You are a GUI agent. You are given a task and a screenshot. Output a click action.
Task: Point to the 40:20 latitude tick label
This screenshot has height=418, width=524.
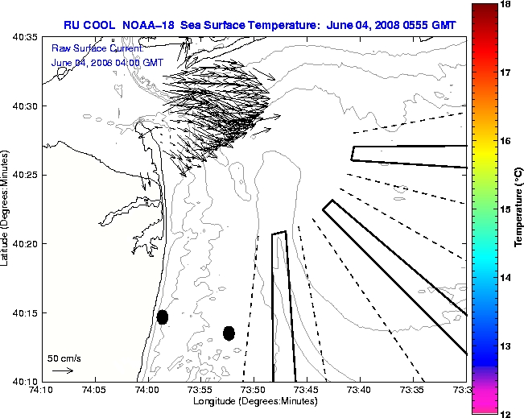tap(22, 244)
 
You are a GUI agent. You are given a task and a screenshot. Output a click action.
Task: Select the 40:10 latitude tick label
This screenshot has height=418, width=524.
tap(22, 381)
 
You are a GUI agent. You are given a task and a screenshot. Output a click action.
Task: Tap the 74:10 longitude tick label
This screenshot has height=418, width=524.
tap(42, 390)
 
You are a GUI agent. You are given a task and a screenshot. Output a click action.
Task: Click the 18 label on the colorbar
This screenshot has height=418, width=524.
tap(507, 5)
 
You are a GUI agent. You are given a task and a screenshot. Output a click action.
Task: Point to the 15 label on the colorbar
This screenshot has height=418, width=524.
tap(507, 209)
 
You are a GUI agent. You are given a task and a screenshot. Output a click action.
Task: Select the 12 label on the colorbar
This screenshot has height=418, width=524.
tap(507, 413)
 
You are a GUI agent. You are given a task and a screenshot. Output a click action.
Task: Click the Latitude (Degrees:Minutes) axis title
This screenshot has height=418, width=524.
tap(6, 209)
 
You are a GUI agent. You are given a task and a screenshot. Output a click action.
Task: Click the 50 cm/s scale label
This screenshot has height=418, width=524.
tap(64, 358)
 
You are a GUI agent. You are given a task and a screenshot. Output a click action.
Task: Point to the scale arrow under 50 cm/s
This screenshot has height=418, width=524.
tap(62, 370)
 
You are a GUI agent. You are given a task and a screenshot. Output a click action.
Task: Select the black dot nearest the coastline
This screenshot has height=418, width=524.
tap(163, 317)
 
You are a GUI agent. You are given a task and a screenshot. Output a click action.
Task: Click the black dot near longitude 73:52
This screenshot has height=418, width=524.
tap(229, 333)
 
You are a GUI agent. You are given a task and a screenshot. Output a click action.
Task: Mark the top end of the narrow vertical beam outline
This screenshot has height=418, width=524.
tap(279, 234)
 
